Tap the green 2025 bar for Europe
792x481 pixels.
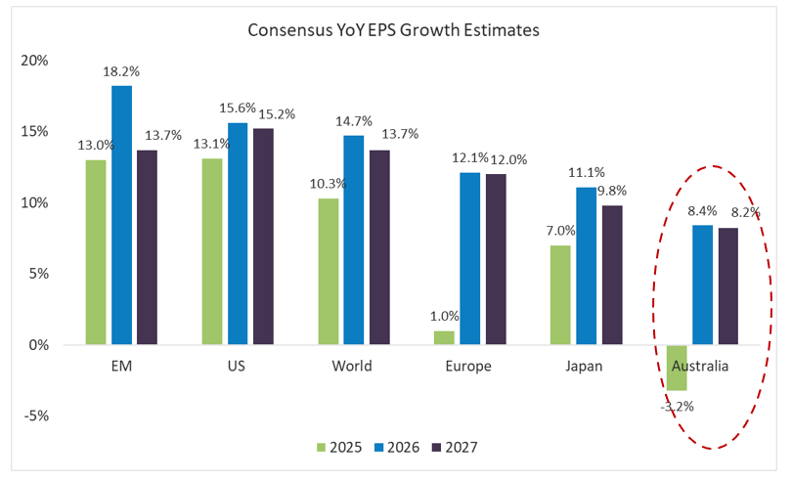[445, 337]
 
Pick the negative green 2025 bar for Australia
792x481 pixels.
[678, 368]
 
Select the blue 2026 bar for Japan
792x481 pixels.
[586, 266]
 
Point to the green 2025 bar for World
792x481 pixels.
[329, 272]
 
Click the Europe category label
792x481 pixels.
[467, 367]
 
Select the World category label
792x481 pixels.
[352, 367]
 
